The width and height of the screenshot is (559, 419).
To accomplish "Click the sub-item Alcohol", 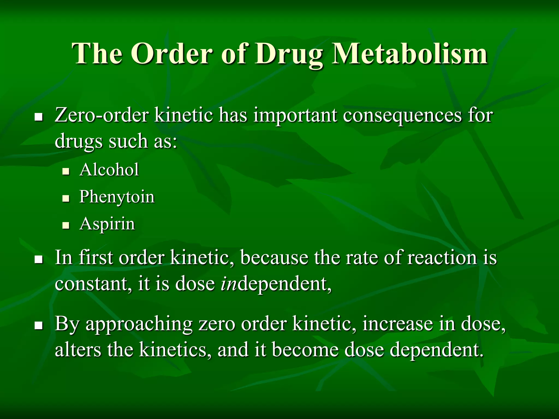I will [x=109, y=170].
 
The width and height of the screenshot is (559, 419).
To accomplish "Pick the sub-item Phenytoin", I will [x=117, y=197].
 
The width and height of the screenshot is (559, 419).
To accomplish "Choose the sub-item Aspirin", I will [x=107, y=224].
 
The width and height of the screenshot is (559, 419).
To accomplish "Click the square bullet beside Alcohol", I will [x=66, y=172].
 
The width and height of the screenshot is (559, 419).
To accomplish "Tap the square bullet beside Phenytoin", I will [x=66, y=199].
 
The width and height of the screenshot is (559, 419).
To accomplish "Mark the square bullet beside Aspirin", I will [x=66, y=226].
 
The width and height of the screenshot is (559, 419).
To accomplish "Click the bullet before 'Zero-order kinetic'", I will [x=39, y=117].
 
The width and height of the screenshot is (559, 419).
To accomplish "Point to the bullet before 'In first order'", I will [x=39, y=259].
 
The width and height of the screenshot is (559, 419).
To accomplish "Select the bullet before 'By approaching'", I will [x=39, y=325].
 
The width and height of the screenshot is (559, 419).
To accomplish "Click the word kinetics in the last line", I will [x=175, y=350].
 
